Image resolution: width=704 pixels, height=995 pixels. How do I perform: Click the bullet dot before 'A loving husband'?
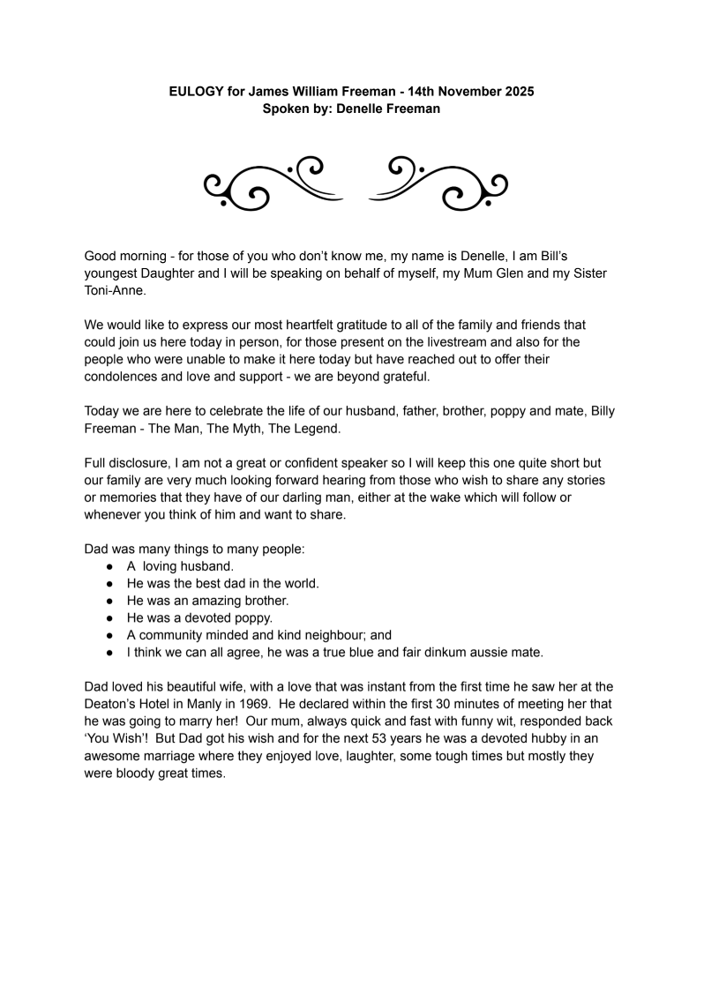coord(110,566)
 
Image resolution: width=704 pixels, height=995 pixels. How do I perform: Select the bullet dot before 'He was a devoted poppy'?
coord(110,617)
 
